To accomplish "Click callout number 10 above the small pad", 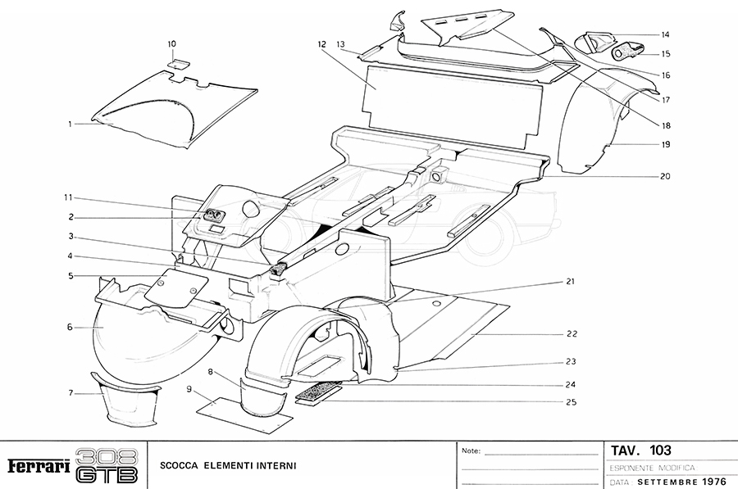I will click(x=171, y=43).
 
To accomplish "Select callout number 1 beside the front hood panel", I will click(x=71, y=124).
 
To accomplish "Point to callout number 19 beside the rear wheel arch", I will click(x=666, y=144).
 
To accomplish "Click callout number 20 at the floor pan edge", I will click(x=666, y=176).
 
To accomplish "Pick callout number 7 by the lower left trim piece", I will click(x=71, y=394).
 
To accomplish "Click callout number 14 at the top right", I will click(x=666, y=34).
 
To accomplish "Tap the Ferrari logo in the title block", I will click(x=38, y=466).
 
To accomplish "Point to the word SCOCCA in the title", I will click(x=180, y=466).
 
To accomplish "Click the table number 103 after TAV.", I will click(x=659, y=451).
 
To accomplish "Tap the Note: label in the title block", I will click(x=471, y=451).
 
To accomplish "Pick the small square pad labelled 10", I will click(x=176, y=61).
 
